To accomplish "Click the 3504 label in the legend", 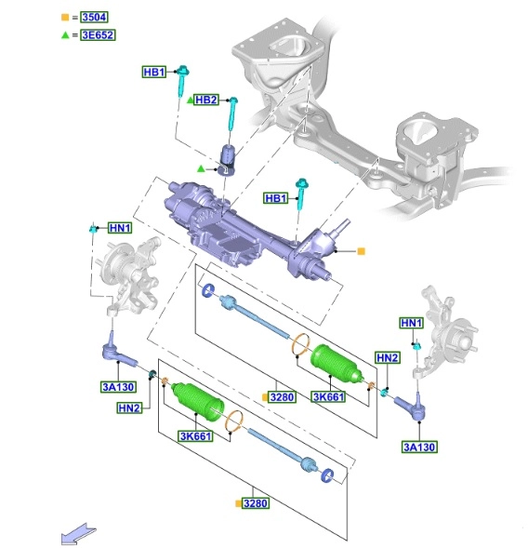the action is (94, 17).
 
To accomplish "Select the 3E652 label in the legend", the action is (98, 35).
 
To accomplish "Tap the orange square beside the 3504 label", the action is (65, 17).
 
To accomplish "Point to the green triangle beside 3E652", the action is (65, 35).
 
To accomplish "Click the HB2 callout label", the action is (206, 100).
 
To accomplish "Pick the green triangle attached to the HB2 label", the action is (191, 100).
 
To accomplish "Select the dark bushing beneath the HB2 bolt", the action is (228, 160).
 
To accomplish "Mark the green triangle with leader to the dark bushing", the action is (201, 168).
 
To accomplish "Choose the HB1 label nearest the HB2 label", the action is (154, 72).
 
